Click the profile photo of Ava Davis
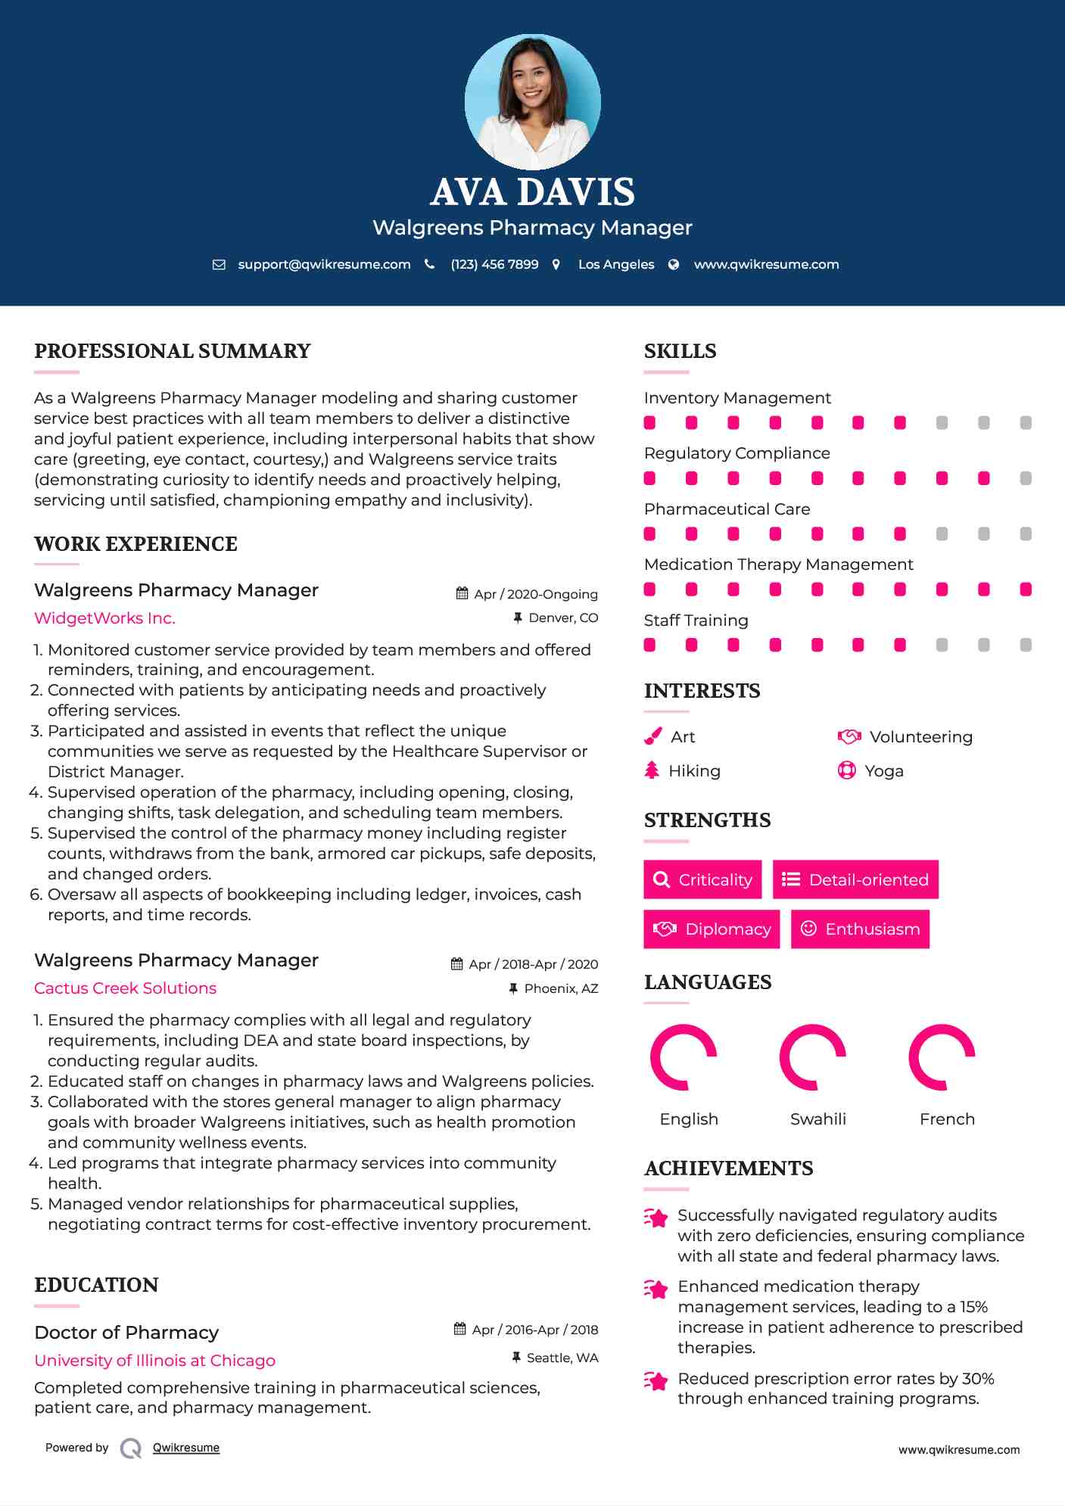coord(532,102)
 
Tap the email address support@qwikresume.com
coord(324,264)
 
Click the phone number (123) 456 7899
coord(494,264)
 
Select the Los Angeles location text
coord(616,264)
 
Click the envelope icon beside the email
coord(219,264)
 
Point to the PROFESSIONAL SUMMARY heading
coord(173,351)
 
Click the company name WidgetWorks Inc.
coord(104,618)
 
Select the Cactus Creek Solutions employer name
coord(125,988)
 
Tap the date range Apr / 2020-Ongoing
coord(535,594)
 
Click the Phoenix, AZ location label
coord(561,988)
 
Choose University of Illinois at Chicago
coord(154,1361)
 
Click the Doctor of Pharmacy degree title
coord(126,1333)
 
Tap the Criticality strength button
coord(702,879)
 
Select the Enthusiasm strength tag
coord(860,929)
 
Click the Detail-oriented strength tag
coord(855,879)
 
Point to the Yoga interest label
coord(883,771)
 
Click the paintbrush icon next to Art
coord(652,736)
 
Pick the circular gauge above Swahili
coord(813,1057)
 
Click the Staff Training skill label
coord(696,621)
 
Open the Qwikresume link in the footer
coord(185,1448)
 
